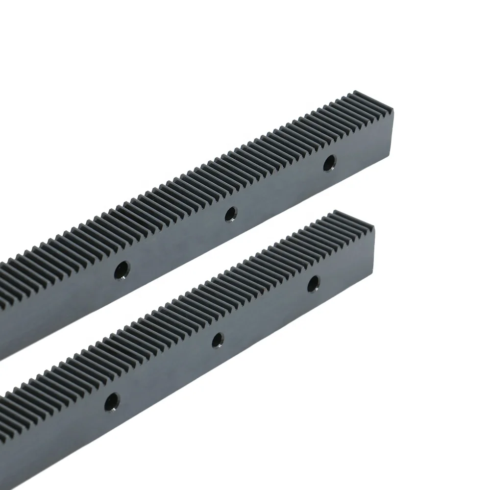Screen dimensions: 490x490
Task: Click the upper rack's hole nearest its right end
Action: point(329,163)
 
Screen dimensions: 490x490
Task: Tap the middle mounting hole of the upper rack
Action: point(230,214)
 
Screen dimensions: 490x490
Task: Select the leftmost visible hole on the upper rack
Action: point(121,269)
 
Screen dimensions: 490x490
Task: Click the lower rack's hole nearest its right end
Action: point(314,283)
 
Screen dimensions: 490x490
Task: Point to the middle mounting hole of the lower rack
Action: point(218,340)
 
